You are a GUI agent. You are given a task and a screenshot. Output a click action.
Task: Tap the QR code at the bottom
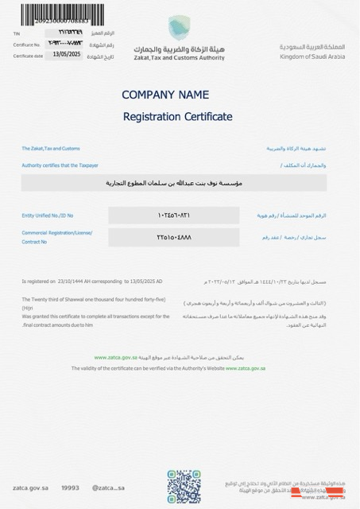coord(184,486)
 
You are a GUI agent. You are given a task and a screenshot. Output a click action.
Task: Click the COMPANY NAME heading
coord(165,95)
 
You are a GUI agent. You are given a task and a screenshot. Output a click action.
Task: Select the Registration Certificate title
coord(177,117)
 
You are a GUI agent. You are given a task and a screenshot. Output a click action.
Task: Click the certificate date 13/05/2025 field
coord(68,55)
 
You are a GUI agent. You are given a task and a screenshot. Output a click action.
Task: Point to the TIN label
coord(16,33)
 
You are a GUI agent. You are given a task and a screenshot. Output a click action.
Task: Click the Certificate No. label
coord(26,45)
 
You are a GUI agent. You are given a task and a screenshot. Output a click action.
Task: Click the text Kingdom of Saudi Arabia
coord(312,56)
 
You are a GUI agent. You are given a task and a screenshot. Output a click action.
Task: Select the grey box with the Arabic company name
coord(173,183)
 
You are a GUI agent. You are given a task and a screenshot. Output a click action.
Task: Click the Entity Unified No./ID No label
coord(48,216)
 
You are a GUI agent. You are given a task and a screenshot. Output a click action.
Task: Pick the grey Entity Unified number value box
coord(173,216)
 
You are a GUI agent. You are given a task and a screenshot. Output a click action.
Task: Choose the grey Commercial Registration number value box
coord(173,237)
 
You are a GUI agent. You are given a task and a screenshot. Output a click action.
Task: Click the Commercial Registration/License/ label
coord(57,232)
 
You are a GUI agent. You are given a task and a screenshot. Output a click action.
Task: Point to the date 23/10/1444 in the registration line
coord(71,282)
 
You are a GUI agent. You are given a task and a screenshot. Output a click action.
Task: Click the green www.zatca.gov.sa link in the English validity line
coord(245,368)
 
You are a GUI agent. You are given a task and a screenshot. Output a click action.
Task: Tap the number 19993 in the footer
coord(71,488)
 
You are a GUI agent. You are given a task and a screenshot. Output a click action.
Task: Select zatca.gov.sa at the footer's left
coord(31,488)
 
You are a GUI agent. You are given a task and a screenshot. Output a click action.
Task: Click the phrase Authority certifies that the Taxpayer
coord(60,165)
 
